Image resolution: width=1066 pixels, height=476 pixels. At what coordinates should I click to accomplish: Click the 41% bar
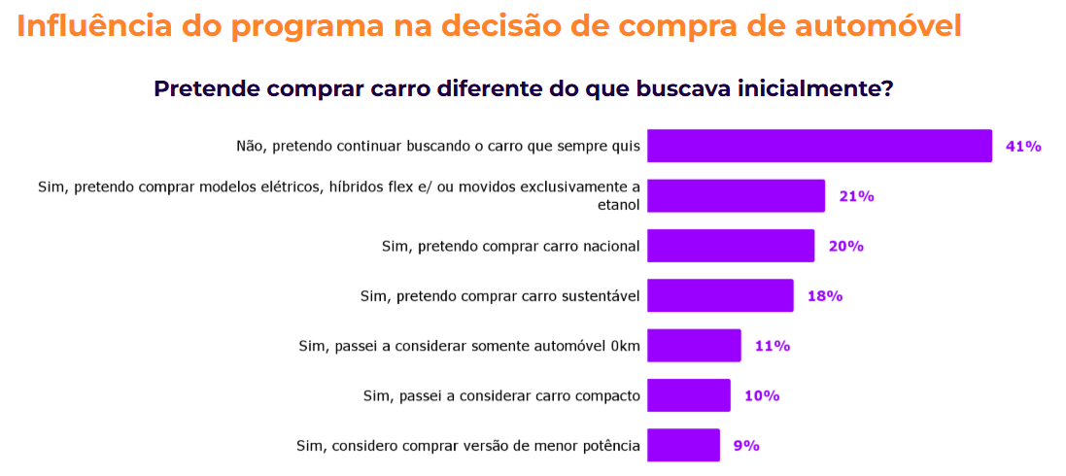point(819,146)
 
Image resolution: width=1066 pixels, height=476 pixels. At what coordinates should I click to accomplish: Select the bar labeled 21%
point(736,195)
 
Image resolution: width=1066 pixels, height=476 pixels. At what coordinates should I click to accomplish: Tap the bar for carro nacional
point(730,246)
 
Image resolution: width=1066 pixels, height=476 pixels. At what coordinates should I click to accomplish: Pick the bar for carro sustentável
point(720,295)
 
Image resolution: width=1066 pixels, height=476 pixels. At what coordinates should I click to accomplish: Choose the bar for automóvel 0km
point(694,346)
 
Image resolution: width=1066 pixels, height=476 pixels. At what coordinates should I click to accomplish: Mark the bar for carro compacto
point(688,395)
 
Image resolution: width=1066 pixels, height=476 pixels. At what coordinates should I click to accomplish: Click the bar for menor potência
point(683,445)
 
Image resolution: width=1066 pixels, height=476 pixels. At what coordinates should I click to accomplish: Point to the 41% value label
point(1023,147)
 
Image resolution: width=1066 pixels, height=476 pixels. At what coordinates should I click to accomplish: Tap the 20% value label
point(845,246)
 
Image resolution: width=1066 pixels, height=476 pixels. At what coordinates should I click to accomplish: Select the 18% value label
point(824,296)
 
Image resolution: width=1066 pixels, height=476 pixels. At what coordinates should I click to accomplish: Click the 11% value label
point(773,346)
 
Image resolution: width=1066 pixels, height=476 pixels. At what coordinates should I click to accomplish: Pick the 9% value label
point(746,446)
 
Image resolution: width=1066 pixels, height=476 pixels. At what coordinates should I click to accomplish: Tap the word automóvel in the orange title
point(871,26)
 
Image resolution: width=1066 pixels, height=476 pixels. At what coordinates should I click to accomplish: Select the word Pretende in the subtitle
point(205,88)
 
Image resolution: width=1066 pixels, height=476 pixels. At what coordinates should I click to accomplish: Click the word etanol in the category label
point(619,205)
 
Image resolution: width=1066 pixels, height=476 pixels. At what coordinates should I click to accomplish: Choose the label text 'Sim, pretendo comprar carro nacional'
point(510,247)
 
